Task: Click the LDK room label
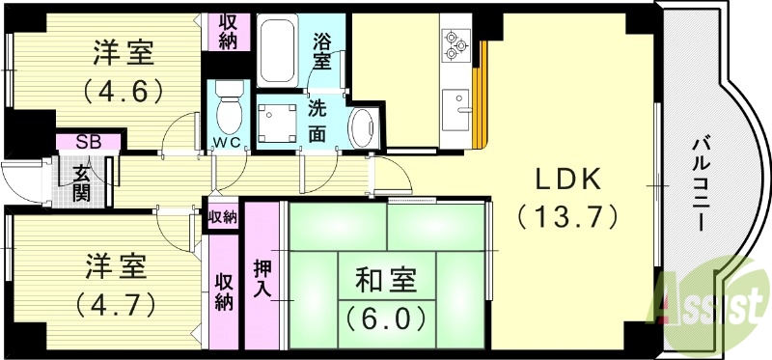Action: pos(567,180)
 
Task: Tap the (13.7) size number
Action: pos(567,217)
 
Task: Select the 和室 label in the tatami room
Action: pos(384,281)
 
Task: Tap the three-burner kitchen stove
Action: pos(455,42)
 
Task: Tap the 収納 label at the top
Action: pos(230,31)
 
